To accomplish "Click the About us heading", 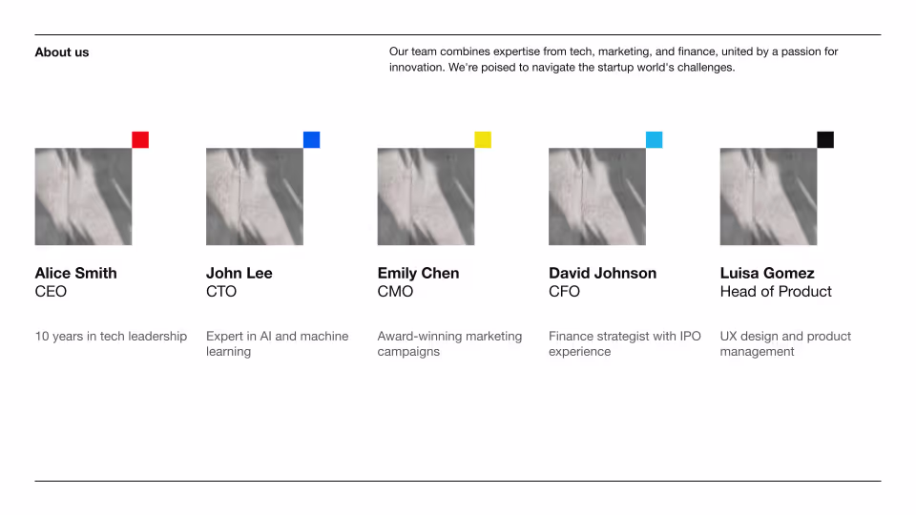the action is tap(62, 51).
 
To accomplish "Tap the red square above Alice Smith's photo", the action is tap(140, 139).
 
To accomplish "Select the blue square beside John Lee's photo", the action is tap(311, 139).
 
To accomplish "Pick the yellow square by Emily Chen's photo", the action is tap(483, 139).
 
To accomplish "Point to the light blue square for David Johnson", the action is tap(654, 139).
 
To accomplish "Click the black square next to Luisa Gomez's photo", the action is tap(825, 139).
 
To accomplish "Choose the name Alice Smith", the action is tap(76, 274).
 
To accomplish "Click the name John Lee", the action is tap(239, 274).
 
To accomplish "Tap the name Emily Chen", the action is tap(418, 274).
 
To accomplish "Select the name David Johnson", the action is tap(602, 274).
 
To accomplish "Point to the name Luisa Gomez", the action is tap(767, 274).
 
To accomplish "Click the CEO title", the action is tap(51, 292).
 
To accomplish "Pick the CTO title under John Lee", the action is tap(221, 292).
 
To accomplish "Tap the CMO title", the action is tap(395, 292).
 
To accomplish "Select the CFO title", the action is tap(564, 292).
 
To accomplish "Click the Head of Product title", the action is tap(776, 292).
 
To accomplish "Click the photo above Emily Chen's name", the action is tap(426, 196).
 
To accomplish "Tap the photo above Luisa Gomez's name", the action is tap(768, 196).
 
